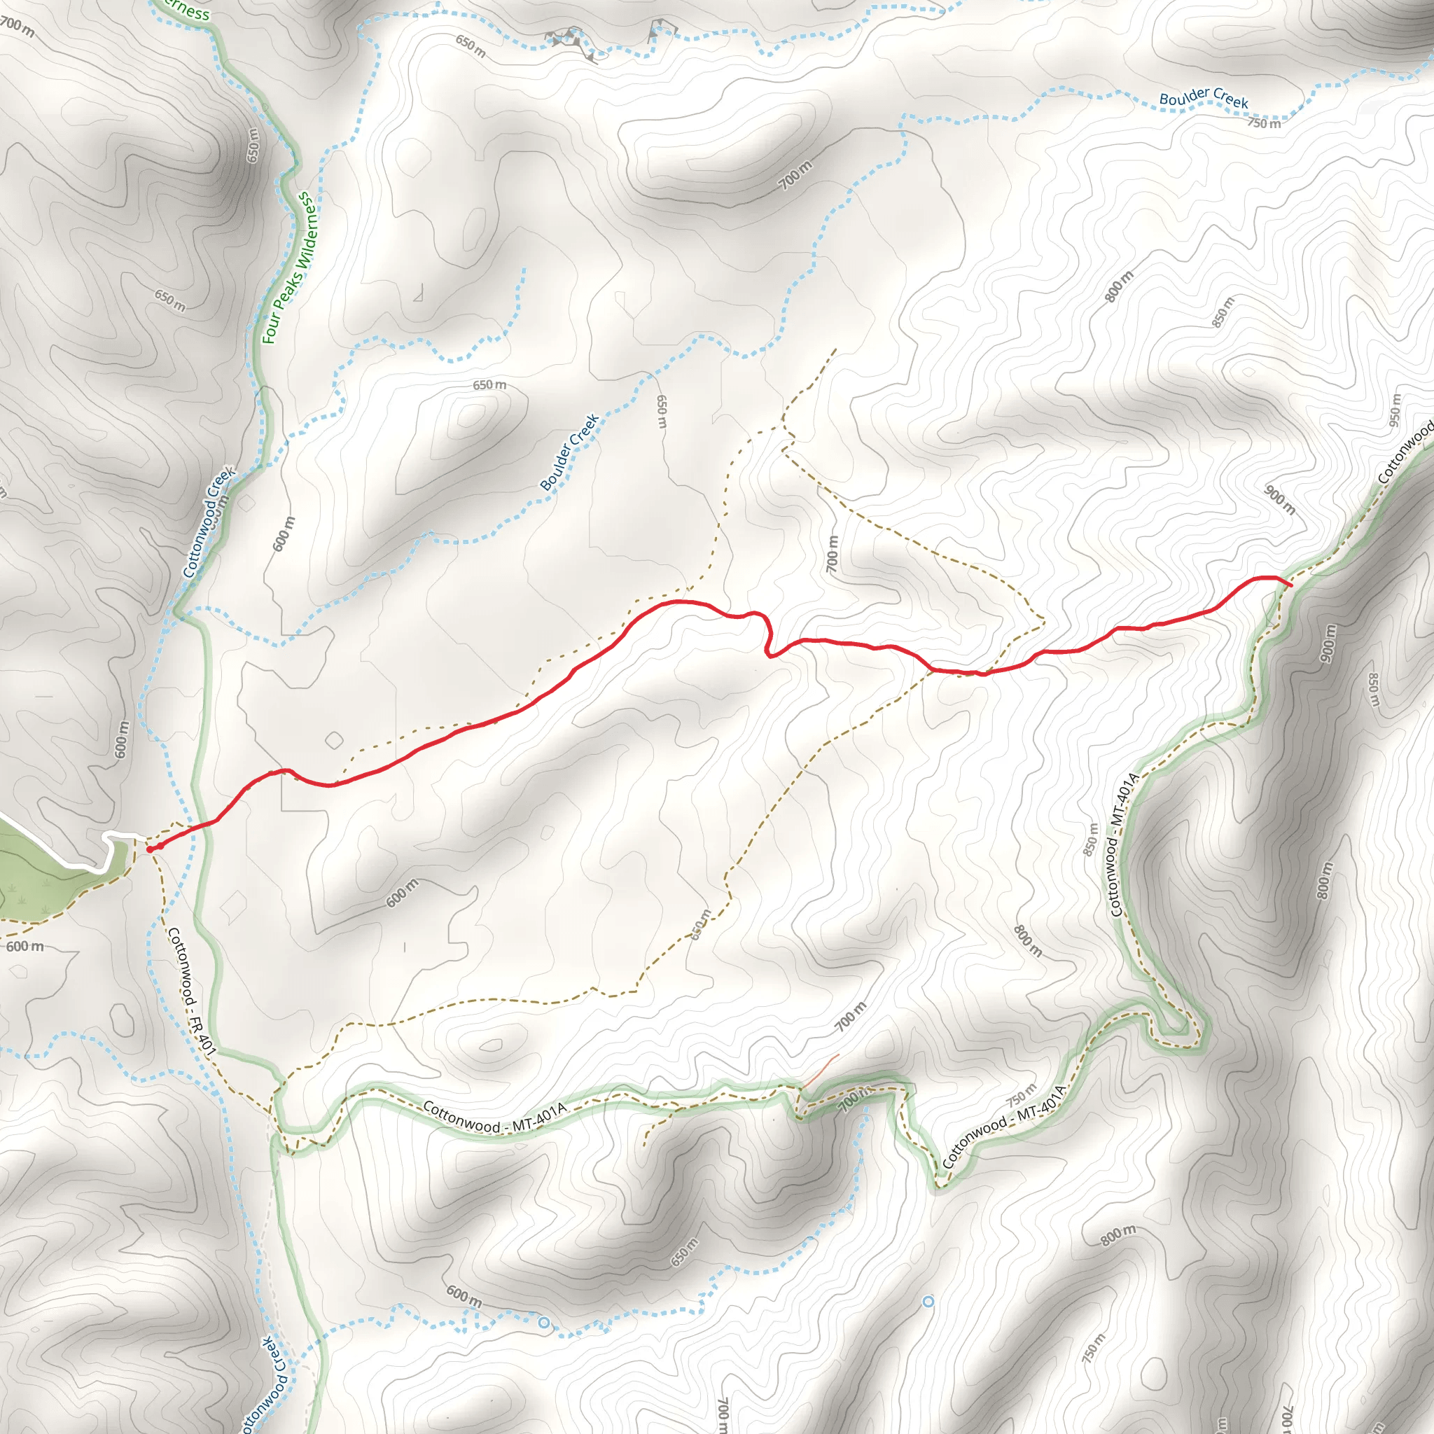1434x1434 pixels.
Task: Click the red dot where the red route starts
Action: pyautogui.click(x=150, y=849)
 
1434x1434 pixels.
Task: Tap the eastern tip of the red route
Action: pyautogui.click(x=1291, y=585)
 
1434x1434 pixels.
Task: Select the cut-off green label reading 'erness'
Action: pyautogui.click(x=186, y=10)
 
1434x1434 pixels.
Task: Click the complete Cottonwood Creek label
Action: pyautogui.click(x=209, y=522)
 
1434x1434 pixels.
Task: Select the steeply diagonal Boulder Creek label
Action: pyautogui.click(x=569, y=453)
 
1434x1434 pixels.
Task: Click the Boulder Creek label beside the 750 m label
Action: pyautogui.click(x=1203, y=98)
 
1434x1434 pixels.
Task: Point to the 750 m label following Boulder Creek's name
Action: pyautogui.click(x=1263, y=123)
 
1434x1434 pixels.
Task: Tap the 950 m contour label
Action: pyautogui.click(x=1395, y=410)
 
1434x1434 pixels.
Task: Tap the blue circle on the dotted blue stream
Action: pyautogui.click(x=543, y=1322)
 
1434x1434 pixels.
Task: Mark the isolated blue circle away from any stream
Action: pyautogui.click(x=928, y=1302)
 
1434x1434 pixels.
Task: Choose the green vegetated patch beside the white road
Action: pyautogui.click(x=45, y=876)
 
